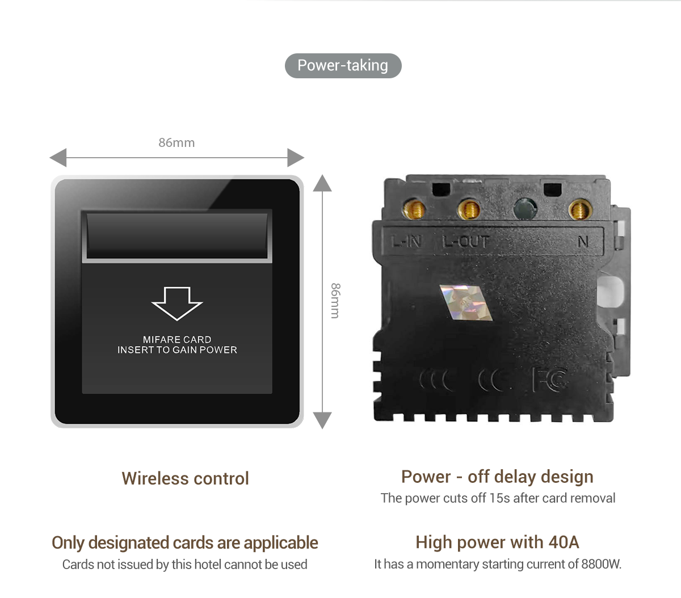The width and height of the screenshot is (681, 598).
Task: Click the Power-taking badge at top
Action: pos(343,66)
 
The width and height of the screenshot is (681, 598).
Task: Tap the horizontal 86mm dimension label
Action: pos(176,143)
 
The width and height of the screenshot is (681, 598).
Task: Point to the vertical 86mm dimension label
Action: pos(335,301)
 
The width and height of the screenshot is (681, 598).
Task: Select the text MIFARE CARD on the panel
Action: pos(177,339)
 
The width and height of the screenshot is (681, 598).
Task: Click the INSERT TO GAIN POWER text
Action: pos(177,350)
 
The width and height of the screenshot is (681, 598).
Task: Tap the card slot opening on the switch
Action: pos(177,235)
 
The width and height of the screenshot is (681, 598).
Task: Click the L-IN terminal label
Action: pos(407,242)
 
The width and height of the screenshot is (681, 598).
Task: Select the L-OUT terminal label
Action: pos(465,242)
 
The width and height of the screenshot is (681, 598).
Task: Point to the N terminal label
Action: pos(583,242)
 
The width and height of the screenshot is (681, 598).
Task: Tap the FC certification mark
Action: pos(549,380)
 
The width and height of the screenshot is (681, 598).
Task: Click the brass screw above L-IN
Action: pos(415,210)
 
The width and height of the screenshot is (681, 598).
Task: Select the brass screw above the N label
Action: pos(579,210)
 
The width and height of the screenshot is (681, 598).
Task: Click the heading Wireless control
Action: pos(185,478)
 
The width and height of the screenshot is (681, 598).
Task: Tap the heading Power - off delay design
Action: pos(497,477)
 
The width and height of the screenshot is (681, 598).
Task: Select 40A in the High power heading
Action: pos(564,542)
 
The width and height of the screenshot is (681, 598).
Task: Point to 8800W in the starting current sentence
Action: pos(601,565)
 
